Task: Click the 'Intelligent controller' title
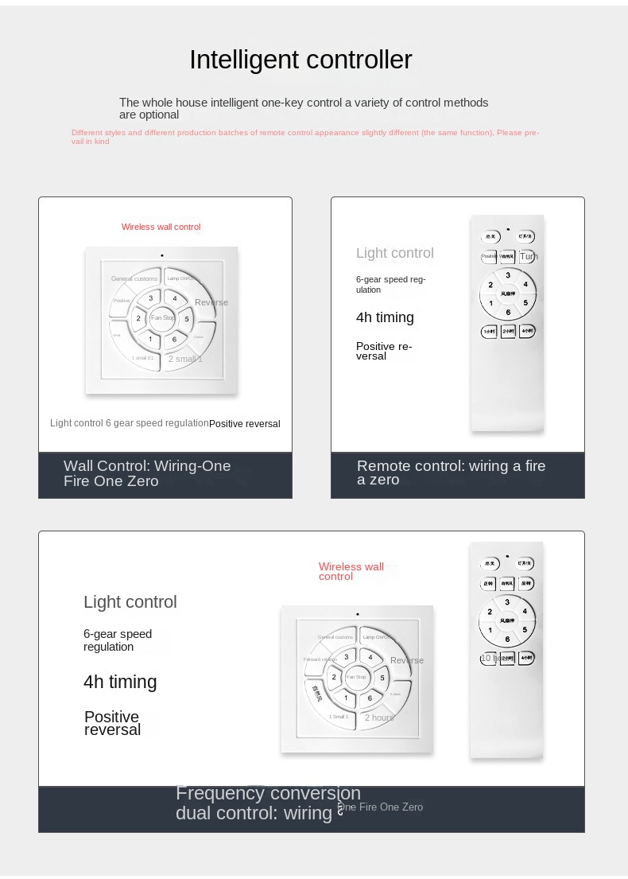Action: pos(300,60)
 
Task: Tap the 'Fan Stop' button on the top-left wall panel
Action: pos(162,318)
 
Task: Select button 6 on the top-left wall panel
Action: pos(174,340)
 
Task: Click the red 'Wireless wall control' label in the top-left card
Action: pos(161,227)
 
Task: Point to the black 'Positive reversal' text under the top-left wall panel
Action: pos(245,424)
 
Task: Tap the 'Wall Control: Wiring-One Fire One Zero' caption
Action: pos(147,473)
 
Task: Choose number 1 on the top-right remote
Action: pos(491,303)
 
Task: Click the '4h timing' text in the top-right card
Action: pos(385,317)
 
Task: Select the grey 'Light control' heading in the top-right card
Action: pos(395,253)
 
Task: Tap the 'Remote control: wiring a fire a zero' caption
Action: pos(451,473)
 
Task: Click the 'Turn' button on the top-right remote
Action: pos(528,257)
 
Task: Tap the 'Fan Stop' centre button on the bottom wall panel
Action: pos(357,677)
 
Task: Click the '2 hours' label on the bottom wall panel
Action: pos(379,718)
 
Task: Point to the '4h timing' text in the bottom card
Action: pos(120,682)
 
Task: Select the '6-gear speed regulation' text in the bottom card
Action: pos(118,640)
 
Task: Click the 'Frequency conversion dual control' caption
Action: pos(268,803)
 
